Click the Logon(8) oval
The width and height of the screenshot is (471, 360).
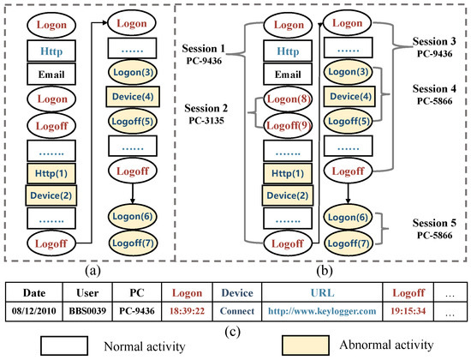[x=283, y=99]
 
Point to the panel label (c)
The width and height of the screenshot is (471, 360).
[x=235, y=330]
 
